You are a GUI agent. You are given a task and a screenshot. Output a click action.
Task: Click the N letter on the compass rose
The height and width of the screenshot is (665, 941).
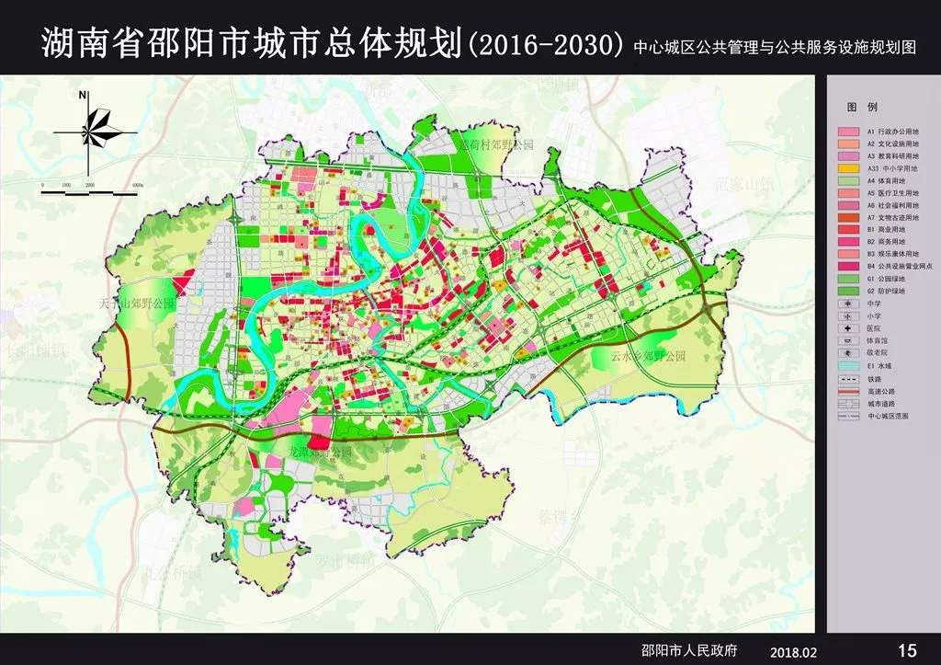click(x=83, y=95)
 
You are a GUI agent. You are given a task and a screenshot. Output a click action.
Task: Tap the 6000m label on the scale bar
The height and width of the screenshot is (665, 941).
click(x=137, y=185)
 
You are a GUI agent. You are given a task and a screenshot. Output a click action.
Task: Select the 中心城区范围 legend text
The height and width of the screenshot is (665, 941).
click(x=891, y=416)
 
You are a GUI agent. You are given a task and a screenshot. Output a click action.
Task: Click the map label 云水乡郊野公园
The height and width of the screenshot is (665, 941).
click(x=648, y=356)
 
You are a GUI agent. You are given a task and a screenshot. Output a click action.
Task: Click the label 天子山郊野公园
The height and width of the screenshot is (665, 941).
click(x=139, y=303)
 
